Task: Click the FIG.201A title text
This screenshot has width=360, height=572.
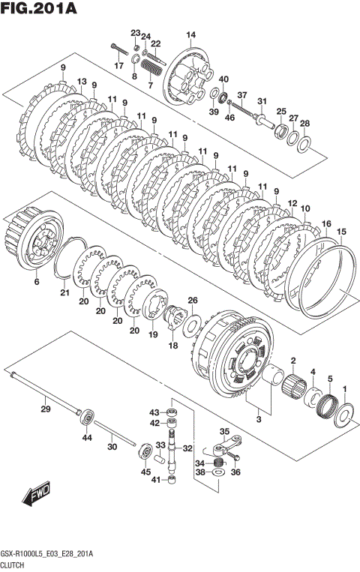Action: [x=39, y=8]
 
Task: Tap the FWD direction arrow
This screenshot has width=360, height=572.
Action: [x=35, y=496]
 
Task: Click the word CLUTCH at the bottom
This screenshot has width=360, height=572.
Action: [x=12, y=565]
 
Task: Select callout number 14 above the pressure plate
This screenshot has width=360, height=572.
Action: [x=191, y=35]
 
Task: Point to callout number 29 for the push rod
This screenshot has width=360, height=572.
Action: [x=45, y=409]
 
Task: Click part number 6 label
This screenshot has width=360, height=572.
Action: [x=37, y=282]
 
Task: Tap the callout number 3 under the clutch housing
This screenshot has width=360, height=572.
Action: [x=259, y=419]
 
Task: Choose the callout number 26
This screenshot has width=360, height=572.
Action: [x=193, y=301]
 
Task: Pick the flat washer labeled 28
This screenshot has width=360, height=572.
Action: [x=304, y=145]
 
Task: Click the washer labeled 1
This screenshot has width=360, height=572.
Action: [x=343, y=415]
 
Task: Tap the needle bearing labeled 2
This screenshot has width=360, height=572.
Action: [x=293, y=388]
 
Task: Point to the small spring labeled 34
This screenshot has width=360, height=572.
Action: [x=218, y=463]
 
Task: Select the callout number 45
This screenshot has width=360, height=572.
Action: [x=145, y=472]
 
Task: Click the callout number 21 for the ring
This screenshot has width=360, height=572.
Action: [x=64, y=292]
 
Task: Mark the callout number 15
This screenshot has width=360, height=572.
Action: [x=341, y=232]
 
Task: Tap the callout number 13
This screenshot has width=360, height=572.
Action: [x=82, y=81]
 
